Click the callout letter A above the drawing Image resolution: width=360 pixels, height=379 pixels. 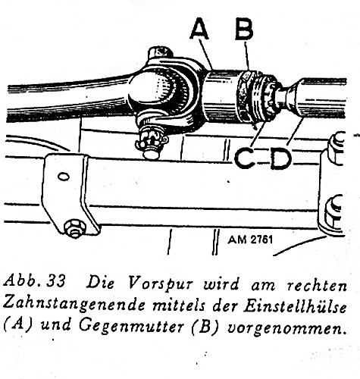(199, 29)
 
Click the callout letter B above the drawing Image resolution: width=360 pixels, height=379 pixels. (244, 29)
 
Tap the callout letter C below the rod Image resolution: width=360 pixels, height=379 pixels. (244, 158)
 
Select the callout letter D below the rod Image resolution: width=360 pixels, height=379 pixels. (281, 158)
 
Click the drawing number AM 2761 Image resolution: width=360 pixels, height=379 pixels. (250, 240)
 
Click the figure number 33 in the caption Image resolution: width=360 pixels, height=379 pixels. (56, 281)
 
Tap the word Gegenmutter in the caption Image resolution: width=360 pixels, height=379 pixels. (131, 326)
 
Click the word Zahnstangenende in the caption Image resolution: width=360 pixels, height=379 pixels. (75, 305)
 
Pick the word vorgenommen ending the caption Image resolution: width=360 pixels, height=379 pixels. (286, 328)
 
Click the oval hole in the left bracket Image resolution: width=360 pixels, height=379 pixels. (63, 177)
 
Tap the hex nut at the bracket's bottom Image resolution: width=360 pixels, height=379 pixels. (75, 229)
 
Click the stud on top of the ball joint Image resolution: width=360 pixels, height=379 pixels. (160, 54)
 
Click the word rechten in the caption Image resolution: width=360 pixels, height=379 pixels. (317, 285)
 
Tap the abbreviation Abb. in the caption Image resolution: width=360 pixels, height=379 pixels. (23, 281)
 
